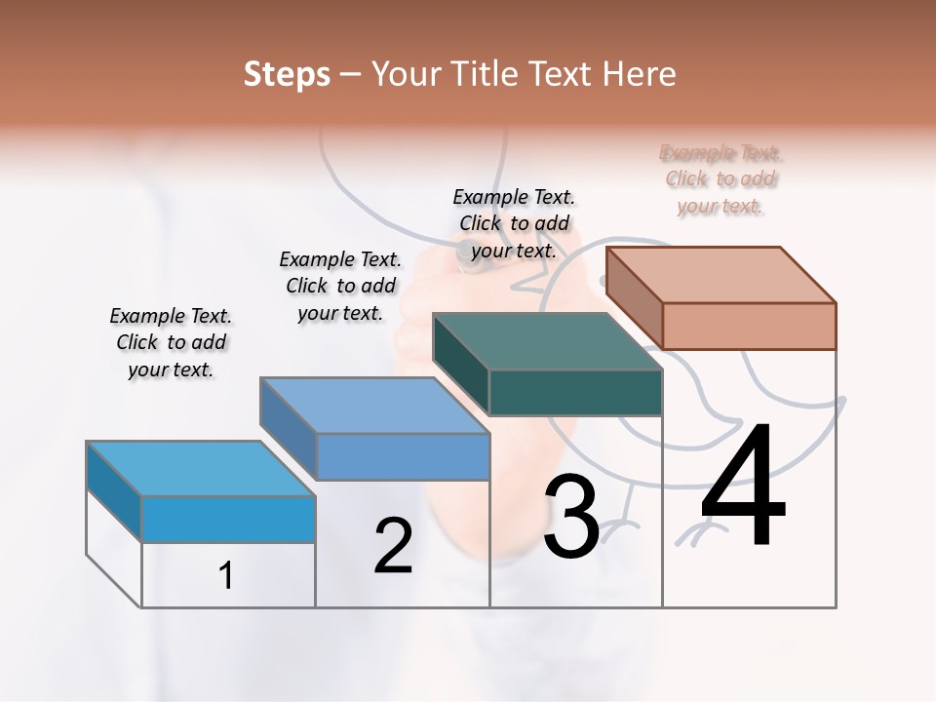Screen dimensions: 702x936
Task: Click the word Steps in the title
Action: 287,74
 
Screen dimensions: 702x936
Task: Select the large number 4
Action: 743,487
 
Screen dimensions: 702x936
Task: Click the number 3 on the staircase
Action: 571,517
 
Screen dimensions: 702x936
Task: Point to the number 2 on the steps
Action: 393,546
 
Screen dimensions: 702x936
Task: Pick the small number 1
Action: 225,576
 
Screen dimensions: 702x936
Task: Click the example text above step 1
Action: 171,342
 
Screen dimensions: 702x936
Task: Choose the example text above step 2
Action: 340,286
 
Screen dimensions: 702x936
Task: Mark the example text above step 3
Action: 514,223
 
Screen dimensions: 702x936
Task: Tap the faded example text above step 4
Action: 721,179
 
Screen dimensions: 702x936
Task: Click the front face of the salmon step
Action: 749,326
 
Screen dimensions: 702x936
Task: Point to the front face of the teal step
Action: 575,392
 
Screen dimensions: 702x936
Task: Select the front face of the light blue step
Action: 228,519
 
